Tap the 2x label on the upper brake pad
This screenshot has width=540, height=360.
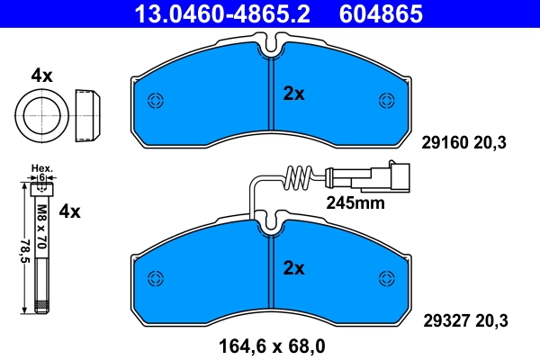pyautogui.click(x=294, y=92)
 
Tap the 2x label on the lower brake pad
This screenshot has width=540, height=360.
pyautogui.click(x=294, y=267)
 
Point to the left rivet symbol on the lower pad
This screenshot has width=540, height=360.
pyautogui.click(x=154, y=275)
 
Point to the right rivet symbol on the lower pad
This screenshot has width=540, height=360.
pyautogui.click(x=387, y=275)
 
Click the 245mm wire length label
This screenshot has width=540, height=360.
pyautogui.click(x=355, y=203)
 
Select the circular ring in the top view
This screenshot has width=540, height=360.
pyautogui.click(x=41, y=114)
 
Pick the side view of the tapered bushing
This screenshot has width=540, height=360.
pyautogui.click(x=86, y=114)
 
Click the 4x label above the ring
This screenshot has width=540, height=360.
pyautogui.click(x=41, y=76)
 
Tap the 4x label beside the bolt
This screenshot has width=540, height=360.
pyautogui.click(x=69, y=212)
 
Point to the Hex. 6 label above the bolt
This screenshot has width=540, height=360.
pyautogui.click(x=41, y=173)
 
